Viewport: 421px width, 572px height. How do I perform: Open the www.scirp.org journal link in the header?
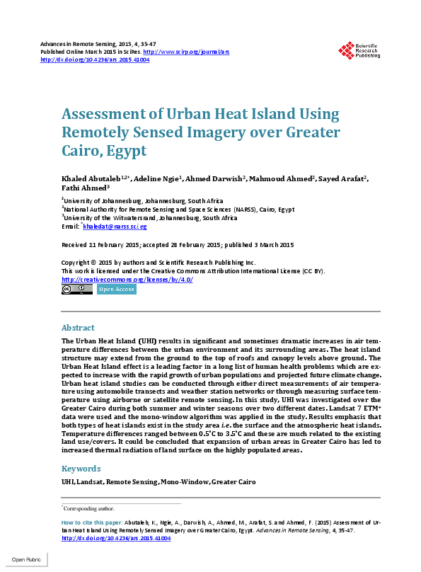click(186, 52)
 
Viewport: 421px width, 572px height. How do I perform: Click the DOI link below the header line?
click(95, 59)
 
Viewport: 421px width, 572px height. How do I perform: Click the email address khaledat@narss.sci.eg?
click(115, 227)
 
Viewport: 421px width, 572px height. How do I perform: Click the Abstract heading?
click(78, 328)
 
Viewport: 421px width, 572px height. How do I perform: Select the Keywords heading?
click(81, 468)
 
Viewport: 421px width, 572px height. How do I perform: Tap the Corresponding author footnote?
click(89, 508)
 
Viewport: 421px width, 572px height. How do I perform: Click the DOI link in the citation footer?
click(117, 538)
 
